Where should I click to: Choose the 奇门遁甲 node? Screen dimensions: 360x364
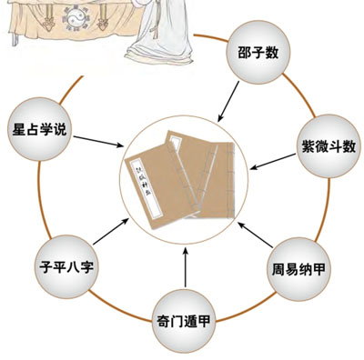[186, 319]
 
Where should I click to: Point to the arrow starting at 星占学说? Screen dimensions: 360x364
[97, 140]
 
